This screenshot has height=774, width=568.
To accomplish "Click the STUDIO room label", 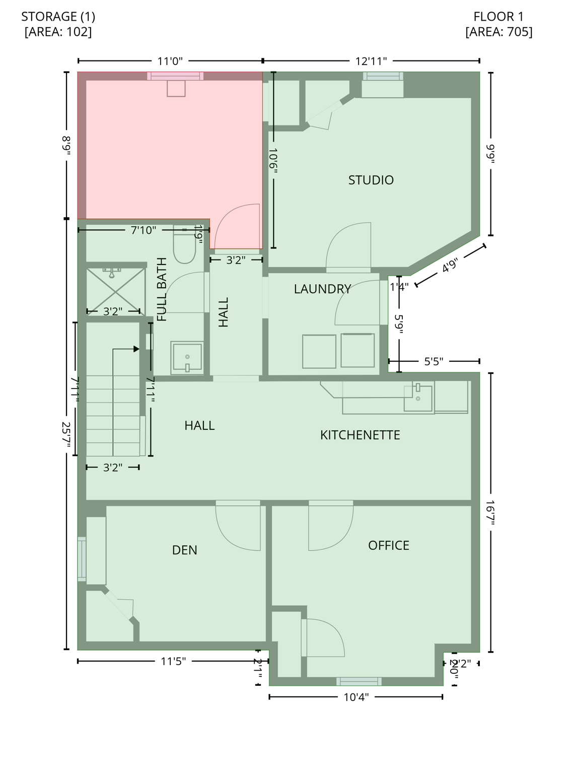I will [371, 180].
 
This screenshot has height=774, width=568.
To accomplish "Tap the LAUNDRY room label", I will [322, 289].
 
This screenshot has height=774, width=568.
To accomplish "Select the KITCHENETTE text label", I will [360, 435].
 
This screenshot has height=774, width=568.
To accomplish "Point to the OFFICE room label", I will [388, 545].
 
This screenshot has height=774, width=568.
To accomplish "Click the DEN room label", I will [184, 550].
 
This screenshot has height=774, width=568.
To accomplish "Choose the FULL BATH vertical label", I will [162, 289].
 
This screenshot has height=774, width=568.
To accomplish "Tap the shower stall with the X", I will [115, 291].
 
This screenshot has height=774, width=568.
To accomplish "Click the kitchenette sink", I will [418, 398].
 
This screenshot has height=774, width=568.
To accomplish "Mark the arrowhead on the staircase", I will [136, 349].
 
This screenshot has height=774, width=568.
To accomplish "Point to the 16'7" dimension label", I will [490, 512].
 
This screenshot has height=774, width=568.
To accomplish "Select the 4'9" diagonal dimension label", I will [450, 266].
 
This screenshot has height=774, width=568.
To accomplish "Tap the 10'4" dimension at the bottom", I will [356, 697].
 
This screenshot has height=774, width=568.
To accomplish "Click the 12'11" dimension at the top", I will [371, 61].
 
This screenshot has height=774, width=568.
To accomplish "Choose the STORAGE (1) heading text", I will [58, 17].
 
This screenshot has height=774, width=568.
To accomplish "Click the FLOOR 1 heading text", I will [499, 17].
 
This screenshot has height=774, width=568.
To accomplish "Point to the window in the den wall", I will [82, 559].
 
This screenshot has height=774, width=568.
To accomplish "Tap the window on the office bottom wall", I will [359, 681].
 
